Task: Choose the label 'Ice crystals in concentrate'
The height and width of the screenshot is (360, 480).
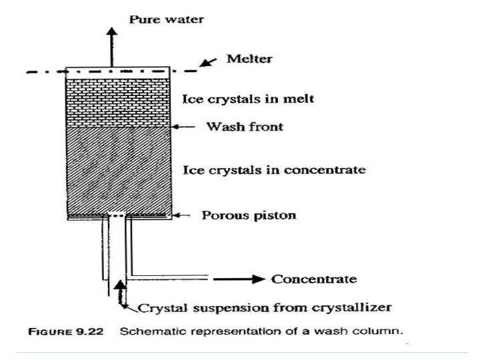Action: (x=274, y=170)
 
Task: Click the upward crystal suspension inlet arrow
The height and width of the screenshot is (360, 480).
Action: (x=120, y=292)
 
